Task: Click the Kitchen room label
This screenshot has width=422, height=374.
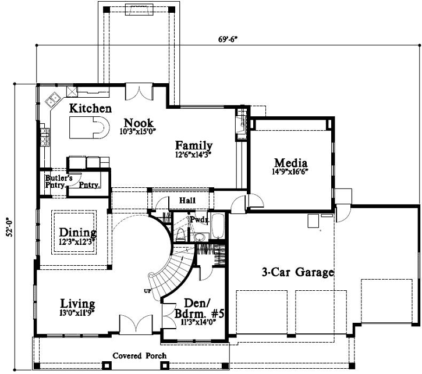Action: click(90, 108)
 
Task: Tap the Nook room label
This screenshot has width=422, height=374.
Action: click(139, 123)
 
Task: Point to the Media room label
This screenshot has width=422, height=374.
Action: click(291, 163)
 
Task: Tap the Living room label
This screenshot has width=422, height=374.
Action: click(77, 304)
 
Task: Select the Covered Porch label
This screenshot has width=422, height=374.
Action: click(139, 355)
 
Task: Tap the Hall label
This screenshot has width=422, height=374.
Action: click(187, 201)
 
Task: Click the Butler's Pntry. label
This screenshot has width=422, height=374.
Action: click(58, 181)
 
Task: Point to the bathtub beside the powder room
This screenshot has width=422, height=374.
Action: click(218, 227)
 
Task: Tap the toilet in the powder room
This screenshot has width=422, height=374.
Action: click(180, 234)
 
